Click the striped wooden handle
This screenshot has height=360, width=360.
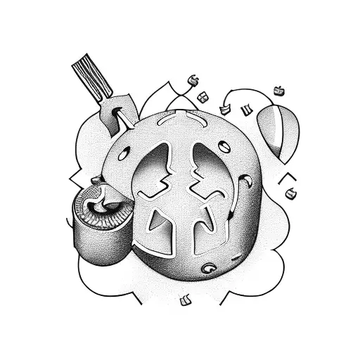coord(91,78)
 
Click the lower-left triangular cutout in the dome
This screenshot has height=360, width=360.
coord(160,224)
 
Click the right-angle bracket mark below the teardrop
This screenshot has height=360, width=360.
coord(285,177)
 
